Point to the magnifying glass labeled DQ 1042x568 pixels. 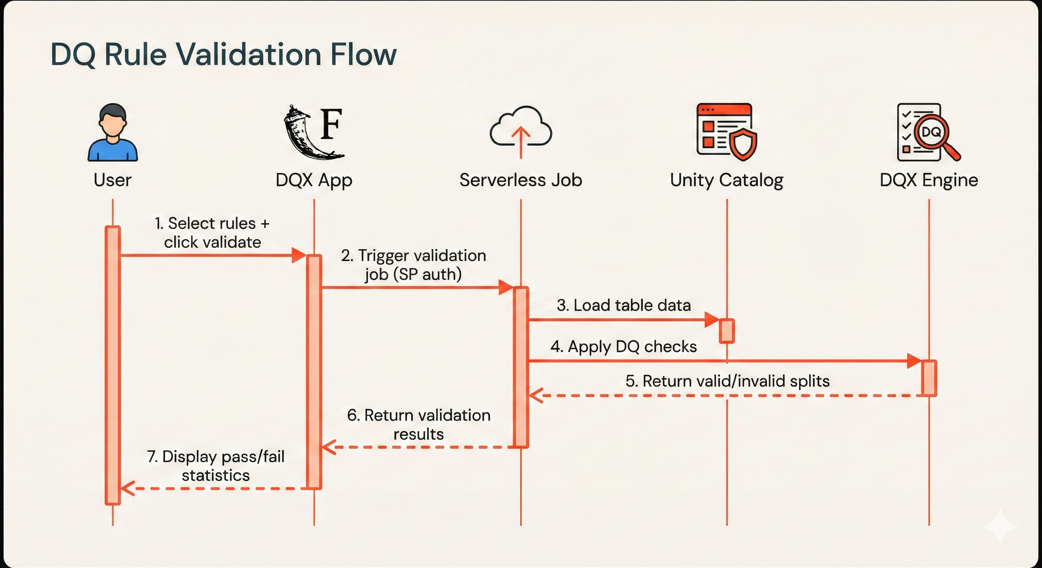click(x=932, y=133)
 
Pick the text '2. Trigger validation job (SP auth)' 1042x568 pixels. click(x=413, y=265)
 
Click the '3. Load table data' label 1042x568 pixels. click(x=623, y=305)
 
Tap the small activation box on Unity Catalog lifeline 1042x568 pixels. click(x=726, y=331)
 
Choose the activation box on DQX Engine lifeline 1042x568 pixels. click(x=929, y=378)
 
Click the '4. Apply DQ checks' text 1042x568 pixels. click(x=623, y=346)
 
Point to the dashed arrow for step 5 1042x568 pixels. click(x=728, y=395)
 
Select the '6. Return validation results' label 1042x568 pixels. click(x=419, y=425)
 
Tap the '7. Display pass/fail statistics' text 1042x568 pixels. click(x=216, y=466)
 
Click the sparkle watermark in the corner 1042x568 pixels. click(x=1000, y=526)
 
